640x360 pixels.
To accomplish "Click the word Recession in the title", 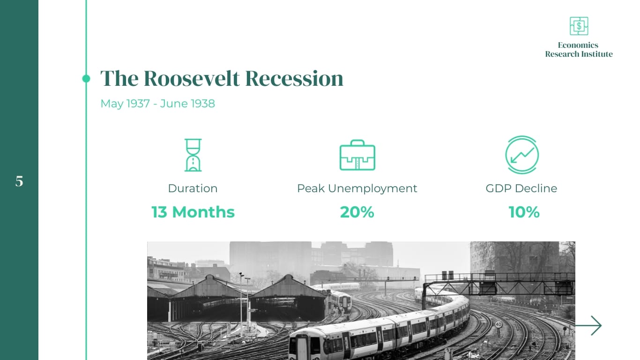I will [294, 78].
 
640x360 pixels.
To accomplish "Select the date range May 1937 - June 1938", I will [157, 104].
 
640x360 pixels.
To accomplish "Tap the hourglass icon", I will [193, 155].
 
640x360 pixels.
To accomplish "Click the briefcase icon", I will [357, 155].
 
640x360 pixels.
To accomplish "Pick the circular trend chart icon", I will [521, 155].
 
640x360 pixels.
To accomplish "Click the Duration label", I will [193, 188].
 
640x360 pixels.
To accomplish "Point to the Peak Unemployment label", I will [357, 188].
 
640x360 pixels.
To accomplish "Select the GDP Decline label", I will [521, 188].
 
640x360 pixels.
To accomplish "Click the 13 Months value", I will [193, 212].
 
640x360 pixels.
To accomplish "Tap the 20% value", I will [357, 212].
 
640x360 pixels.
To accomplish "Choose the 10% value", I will [524, 212].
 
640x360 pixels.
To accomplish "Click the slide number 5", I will [19, 181].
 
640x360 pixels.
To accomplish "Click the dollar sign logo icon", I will [579, 26].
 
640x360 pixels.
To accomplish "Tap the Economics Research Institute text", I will [579, 50].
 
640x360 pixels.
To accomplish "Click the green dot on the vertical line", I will [86, 79].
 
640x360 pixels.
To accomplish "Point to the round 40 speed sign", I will [499, 324].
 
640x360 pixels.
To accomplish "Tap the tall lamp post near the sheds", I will [241, 300].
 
